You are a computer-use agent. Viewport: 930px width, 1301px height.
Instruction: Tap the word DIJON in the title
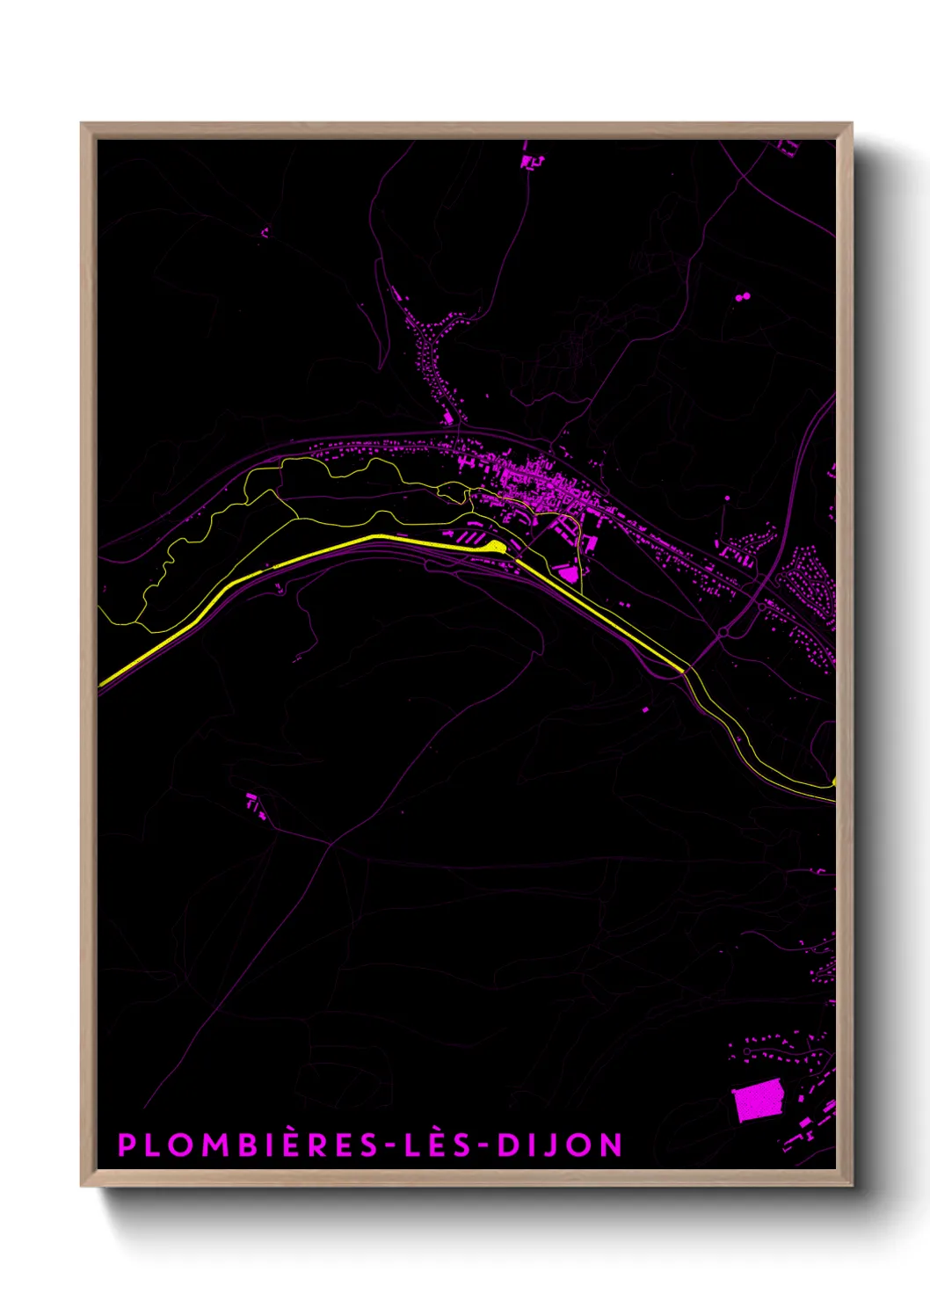tap(560, 1145)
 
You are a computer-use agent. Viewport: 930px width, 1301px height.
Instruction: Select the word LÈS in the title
tap(435, 1145)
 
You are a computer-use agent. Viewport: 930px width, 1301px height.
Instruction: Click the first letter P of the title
tap(127, 1145)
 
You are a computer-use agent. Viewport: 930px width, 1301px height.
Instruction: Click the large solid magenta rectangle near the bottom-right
tap(759, 1101)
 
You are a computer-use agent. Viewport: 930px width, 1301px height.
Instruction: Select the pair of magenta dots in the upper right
tap(742, 297)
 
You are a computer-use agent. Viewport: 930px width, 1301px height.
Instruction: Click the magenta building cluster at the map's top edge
tap(531, 162)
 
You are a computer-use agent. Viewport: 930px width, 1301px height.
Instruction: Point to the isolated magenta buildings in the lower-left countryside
tap(255, 805)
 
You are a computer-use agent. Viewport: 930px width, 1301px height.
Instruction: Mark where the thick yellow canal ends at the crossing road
tap(683, 671)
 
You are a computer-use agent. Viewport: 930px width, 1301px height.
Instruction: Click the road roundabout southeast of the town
tap(723, 632)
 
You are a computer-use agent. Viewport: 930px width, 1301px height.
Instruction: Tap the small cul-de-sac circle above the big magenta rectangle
tap(747, 1051)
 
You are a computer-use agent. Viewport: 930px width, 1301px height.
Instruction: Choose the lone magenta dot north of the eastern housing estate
tap(728, 498)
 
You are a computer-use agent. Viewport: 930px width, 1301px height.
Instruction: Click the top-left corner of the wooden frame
tap(82, 124)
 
